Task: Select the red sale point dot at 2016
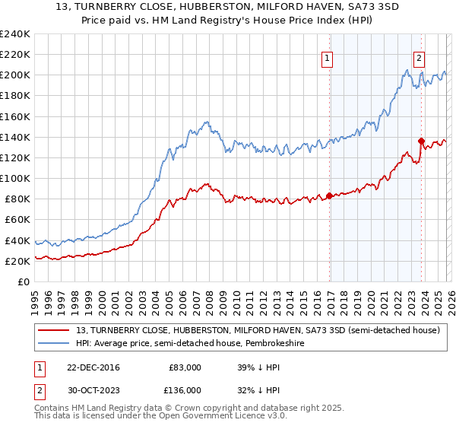pyautogui.click(x=329, y=196)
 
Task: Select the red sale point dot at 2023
pyautogui.click(x=421, y=141)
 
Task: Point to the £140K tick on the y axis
pyautogui.click(x=15, y=137)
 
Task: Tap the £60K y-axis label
pyautogui.click(x=17, y=220)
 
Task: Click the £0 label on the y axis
pyautogui.click(x=24, y=281)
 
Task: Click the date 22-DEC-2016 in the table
pyautogui.click(x=93, y=367)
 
